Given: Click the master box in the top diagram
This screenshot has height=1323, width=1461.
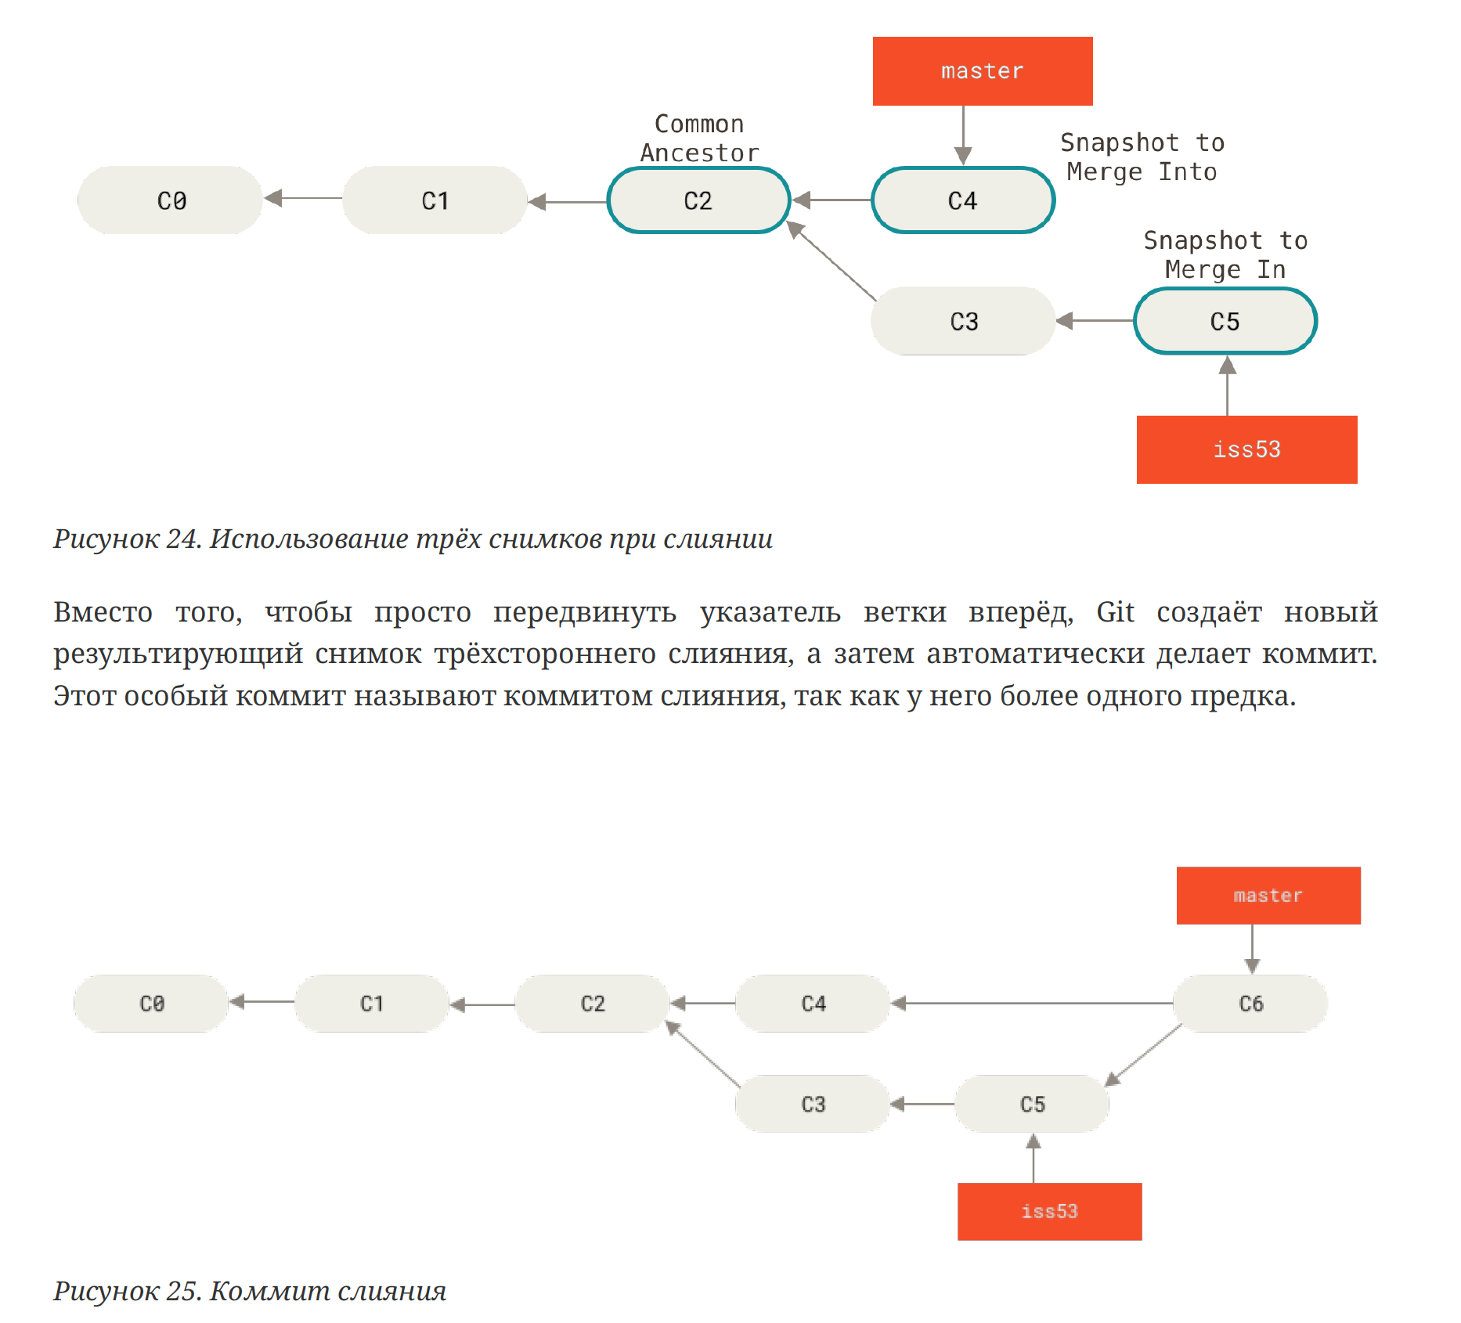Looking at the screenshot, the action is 983,71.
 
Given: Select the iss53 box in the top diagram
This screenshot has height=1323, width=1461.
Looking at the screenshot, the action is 1246,449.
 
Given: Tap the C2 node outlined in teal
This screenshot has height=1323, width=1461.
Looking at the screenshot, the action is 698,200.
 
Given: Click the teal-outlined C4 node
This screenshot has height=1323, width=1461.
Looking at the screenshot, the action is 963,200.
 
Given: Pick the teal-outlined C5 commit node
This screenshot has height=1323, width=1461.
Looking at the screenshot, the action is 1225,321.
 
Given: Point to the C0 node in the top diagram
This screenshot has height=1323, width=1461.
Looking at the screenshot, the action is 170,200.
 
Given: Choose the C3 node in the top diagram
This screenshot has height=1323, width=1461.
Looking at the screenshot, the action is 963,321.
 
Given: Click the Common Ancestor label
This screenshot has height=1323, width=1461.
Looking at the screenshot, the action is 699,139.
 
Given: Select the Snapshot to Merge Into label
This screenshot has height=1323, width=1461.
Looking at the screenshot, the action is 1142,157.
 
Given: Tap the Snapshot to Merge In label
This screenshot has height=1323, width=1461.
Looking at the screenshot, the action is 1225,255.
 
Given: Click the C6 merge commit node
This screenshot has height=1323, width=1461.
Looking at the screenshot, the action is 1250,1004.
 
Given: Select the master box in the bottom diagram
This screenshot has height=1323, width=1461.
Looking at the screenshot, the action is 1268,896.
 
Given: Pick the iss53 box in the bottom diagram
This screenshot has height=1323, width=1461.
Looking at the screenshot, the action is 1049,1211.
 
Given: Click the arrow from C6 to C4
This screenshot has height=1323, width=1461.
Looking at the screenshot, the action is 1032,1004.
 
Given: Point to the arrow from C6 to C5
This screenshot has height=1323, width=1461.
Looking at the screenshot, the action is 1143,1055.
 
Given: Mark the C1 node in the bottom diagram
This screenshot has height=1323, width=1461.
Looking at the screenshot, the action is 372,1004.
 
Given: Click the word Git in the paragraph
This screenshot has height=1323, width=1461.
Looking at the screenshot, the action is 1115,612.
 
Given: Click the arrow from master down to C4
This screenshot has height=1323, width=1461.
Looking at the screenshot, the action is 963,135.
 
